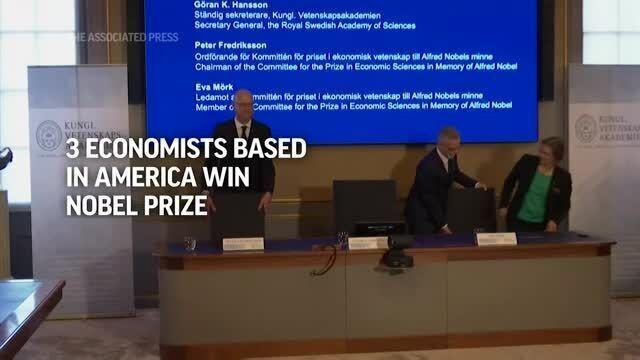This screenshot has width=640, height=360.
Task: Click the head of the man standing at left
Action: tap(243, 101)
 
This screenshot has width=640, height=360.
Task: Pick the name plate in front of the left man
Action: tap(243, 244)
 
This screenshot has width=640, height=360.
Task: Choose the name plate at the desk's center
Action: tap(368, 242)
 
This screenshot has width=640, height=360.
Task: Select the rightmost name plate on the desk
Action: tap(496, 239)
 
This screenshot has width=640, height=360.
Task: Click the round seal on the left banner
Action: tap(49, 135)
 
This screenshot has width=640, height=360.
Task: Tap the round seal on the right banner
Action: tap(586, 128)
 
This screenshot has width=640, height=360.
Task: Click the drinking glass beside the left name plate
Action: tap(190, 243)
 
